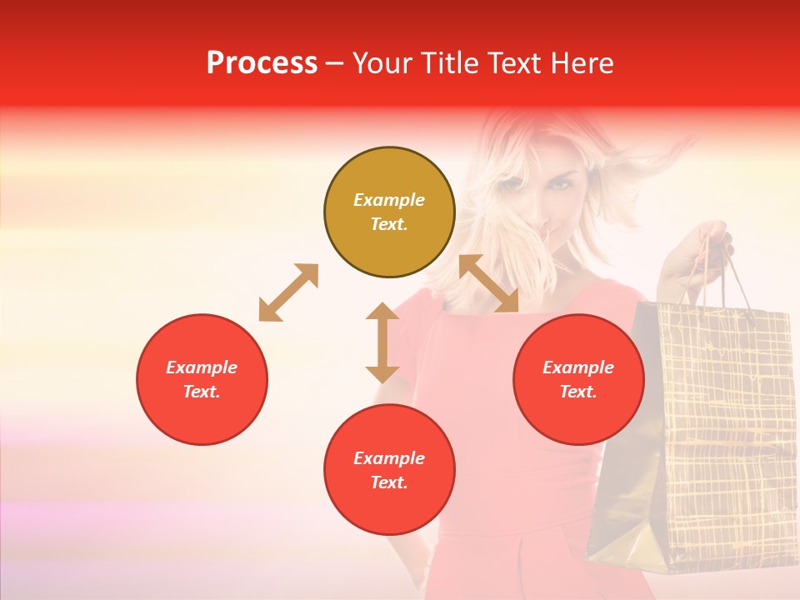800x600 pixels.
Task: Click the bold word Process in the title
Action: point(262,62)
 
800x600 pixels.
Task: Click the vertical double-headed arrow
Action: point(382,342)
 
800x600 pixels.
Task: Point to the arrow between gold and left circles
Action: point(288,292)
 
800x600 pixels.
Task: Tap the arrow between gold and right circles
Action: point(488,284)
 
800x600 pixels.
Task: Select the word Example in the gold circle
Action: point(389,200)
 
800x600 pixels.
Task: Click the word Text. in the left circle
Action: point(202,392)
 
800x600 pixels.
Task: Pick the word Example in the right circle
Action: point(578,367)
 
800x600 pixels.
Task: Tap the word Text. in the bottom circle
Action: point(389,482)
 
